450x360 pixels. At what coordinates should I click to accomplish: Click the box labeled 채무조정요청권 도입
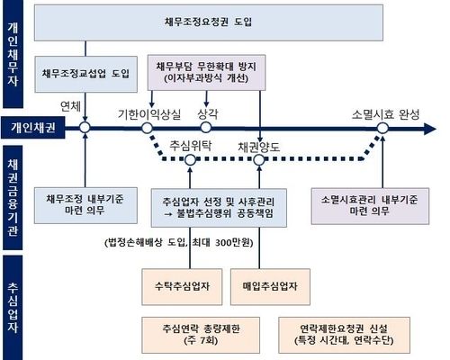click(209, 22)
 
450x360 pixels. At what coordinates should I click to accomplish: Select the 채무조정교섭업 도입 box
click(85, 74)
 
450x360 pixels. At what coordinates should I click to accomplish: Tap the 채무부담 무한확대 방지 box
click(206, 73)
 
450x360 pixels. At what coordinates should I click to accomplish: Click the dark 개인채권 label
click(33, 128)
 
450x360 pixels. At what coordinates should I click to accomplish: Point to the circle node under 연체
click(85, 128)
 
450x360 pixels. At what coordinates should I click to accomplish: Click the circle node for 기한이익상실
click(147, 128)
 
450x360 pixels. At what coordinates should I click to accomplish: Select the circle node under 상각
click(206, 127)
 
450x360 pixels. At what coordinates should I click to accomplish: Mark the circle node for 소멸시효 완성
click(382, 129)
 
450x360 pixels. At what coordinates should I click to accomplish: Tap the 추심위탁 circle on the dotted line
click(190, 160)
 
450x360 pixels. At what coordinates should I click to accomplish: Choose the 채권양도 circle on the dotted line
click(259, 160)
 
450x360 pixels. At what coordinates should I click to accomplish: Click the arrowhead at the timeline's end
click(430, 129)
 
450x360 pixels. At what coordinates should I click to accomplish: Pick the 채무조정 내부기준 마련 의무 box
click(85, 205)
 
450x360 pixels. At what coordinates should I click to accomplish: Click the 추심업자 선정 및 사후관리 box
click(219, 208)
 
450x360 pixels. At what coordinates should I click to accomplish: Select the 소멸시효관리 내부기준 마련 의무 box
click(370, 206)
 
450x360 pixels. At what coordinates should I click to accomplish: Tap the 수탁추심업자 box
click(182, 287)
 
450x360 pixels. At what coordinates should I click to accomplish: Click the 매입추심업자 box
click(270, 287)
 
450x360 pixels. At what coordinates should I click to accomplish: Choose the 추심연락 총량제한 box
click(201, 335)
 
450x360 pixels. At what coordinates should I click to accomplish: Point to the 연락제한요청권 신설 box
click(344, 335)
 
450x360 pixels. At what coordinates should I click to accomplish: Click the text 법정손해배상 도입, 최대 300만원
click(179, 242)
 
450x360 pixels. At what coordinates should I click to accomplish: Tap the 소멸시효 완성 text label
click(385, 114)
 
